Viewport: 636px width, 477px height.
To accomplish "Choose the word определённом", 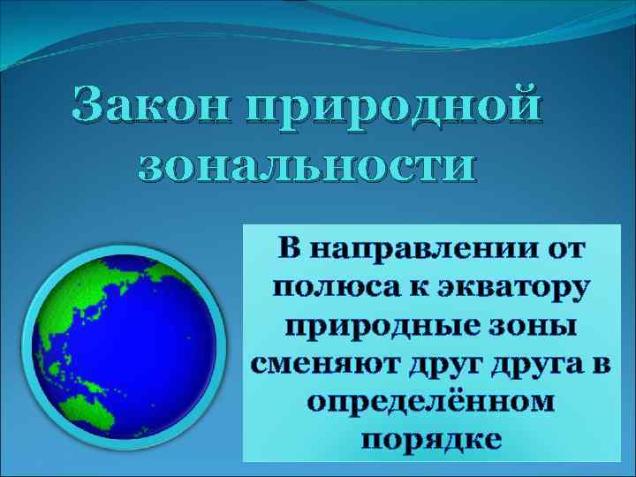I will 431,402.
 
